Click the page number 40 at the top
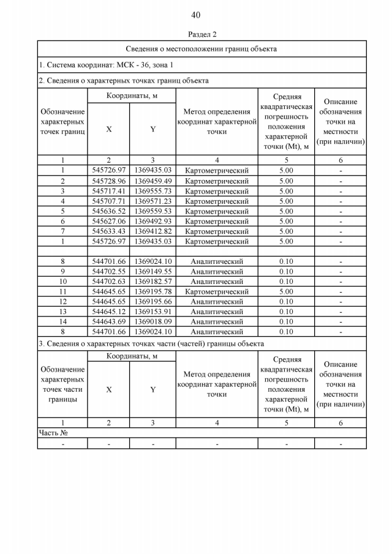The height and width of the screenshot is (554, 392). [195, 15]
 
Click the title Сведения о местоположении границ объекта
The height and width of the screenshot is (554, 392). [202, 49]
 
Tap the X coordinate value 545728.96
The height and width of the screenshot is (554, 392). [108, 181]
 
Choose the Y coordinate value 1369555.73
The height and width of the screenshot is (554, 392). [153, 191]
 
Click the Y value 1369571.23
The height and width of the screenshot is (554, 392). [153, 201]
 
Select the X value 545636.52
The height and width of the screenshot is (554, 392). [108, 211]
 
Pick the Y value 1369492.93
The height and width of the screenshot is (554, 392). [153, 221]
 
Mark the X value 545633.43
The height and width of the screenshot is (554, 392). [108, 231]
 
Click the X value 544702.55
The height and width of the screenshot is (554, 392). [108, 271]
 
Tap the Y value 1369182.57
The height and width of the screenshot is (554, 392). [153, 282]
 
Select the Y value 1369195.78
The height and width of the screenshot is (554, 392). [153, 291]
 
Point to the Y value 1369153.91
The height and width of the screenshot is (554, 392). [153, 312]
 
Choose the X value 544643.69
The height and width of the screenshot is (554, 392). [108, 321]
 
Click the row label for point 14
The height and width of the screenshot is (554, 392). [62, 321]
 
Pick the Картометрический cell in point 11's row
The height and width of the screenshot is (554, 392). [217, 291]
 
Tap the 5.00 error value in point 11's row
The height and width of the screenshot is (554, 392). [286, 291]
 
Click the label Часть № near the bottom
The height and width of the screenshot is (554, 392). [53, 432]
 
